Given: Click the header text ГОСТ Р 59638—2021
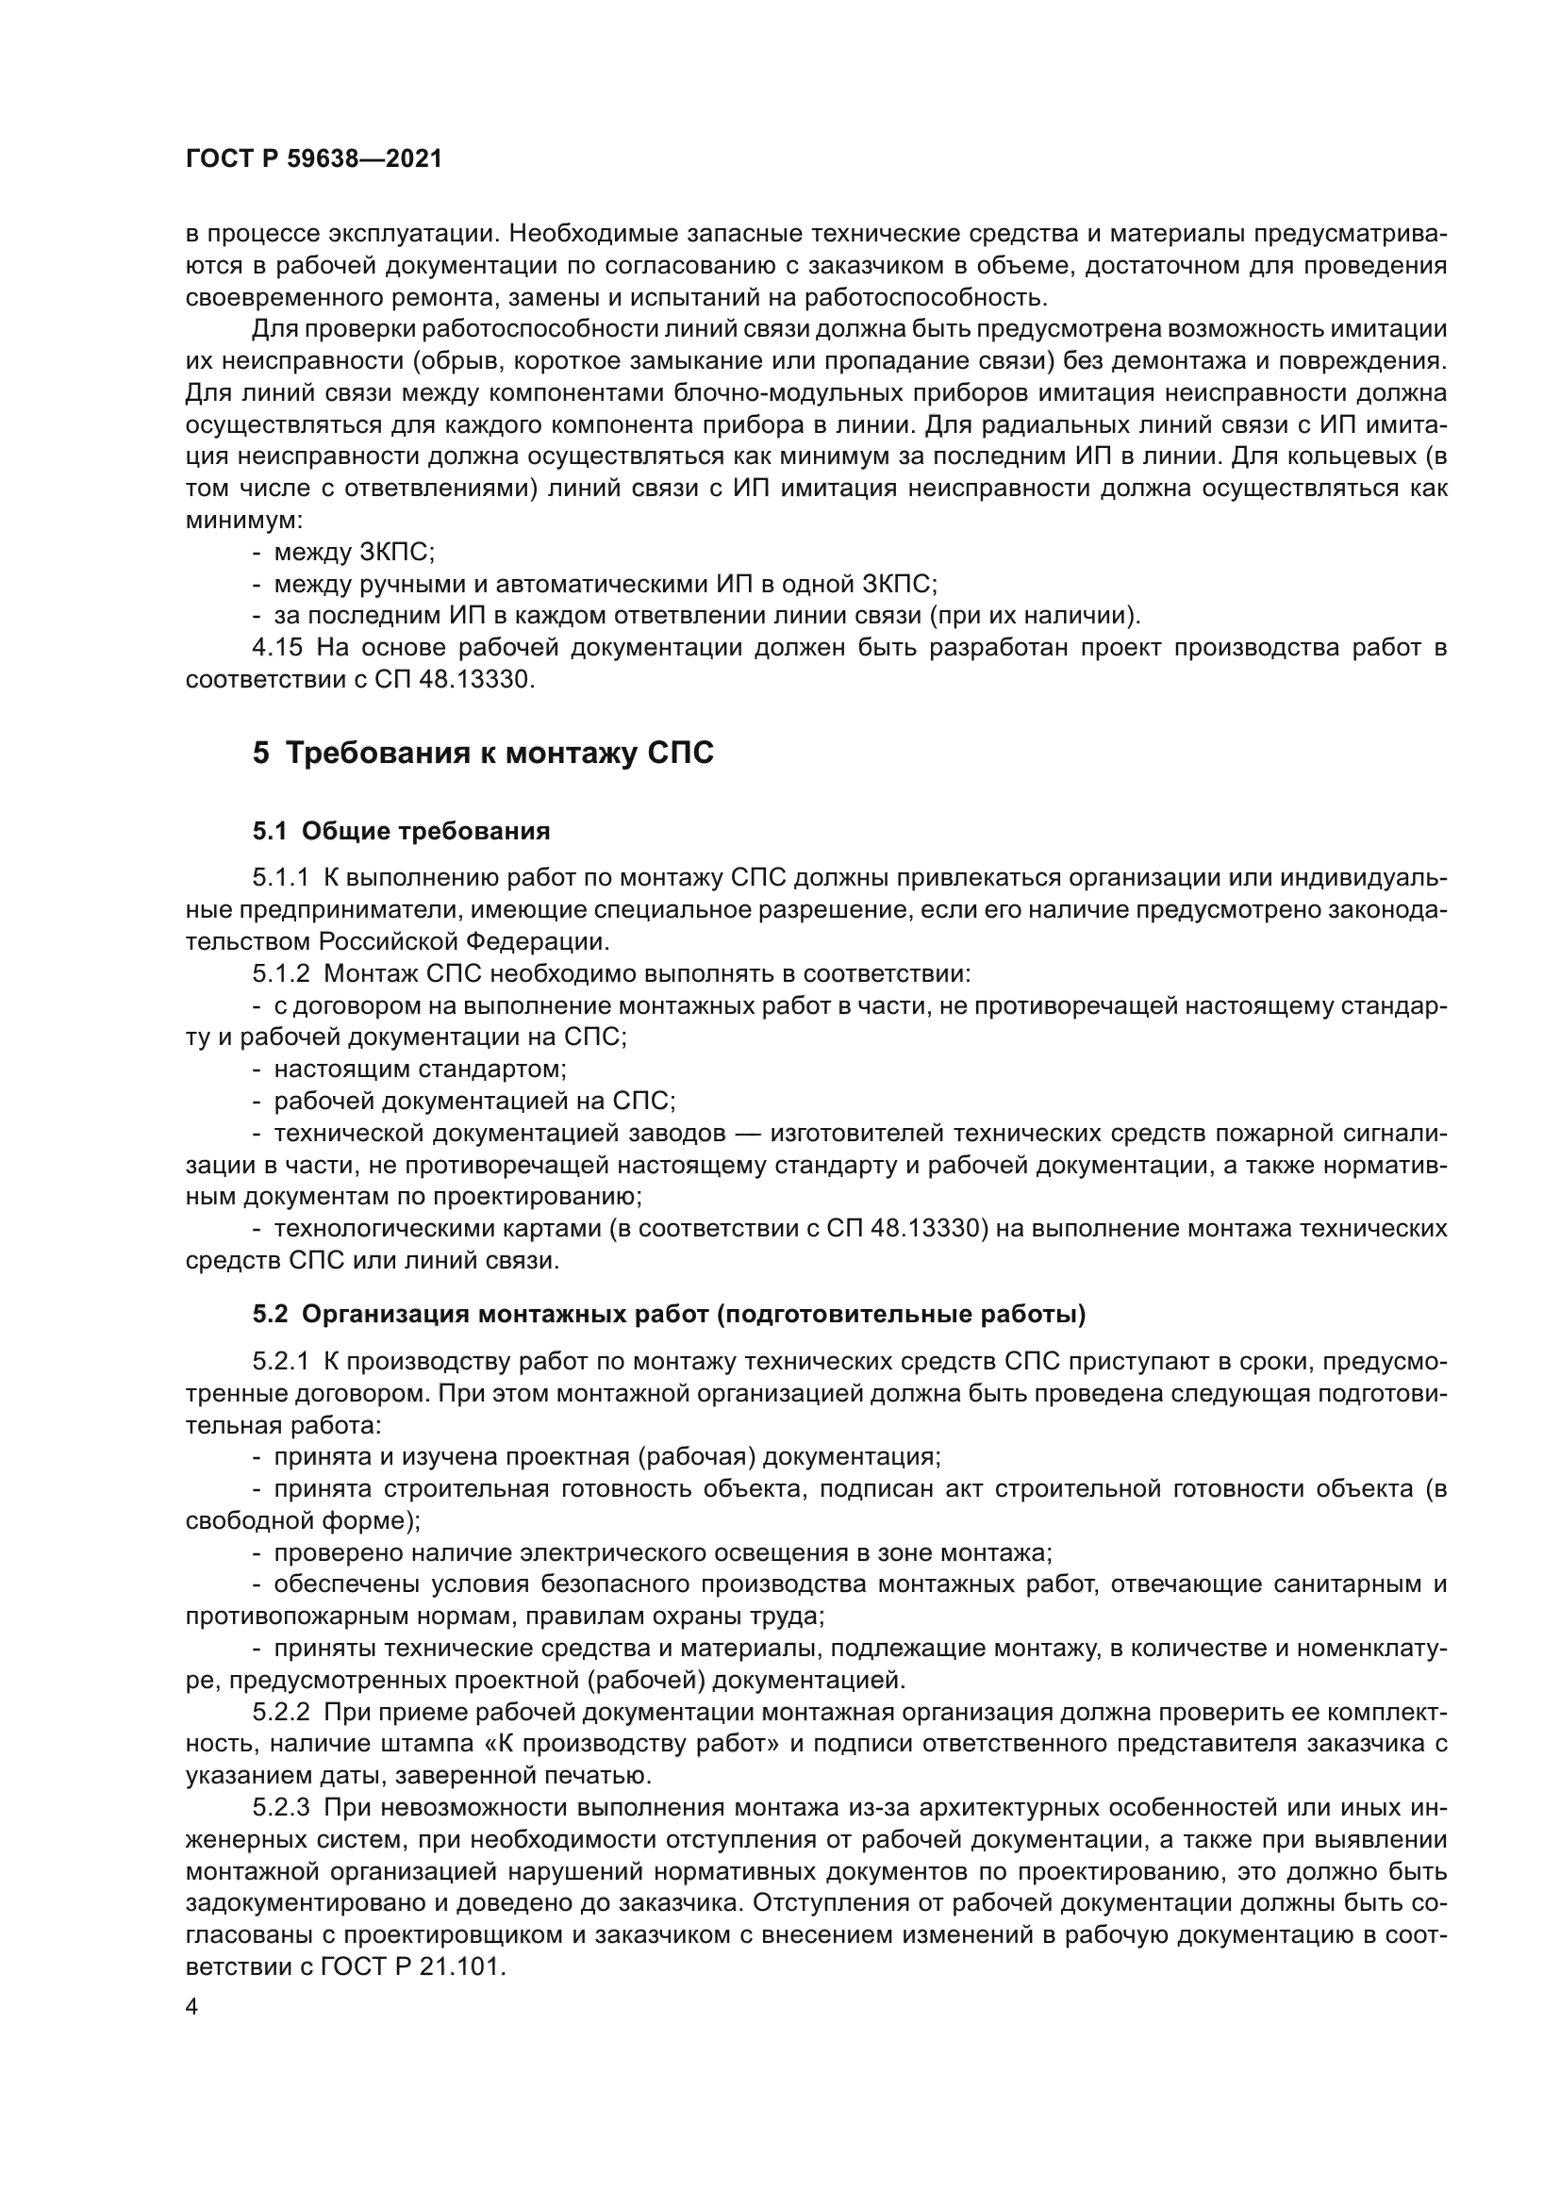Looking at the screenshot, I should click(313, 159).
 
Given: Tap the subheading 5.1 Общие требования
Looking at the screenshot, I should click(402, 831).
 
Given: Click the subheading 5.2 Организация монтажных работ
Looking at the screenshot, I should click(669, 1314).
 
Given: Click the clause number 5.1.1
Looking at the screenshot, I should click(281, 878).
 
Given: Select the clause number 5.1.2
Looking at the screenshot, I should click(281, 973).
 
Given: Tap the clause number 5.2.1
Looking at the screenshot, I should click(281, 1361).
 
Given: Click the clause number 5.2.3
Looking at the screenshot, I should click(281, 1807).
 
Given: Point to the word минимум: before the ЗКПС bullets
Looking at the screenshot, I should click(244, 522).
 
